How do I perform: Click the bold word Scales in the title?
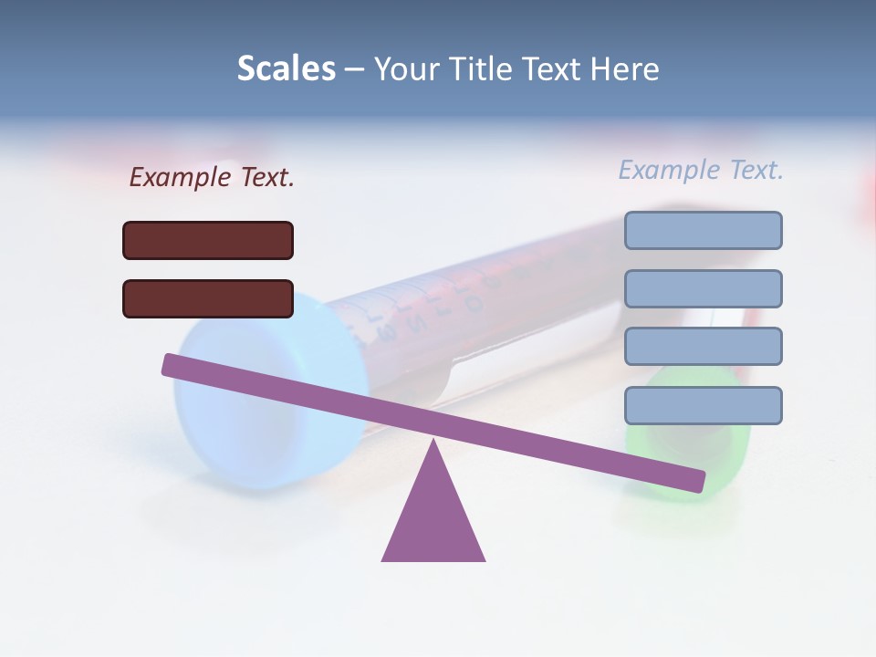(x=286, y=68)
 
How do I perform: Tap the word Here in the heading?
(x=624, y=68)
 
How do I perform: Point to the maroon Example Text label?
(x=212, y=177)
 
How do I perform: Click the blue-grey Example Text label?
(x=701, y=170)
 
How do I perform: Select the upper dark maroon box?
(x=208, y=240)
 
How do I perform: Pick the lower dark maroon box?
(x=208, y=298)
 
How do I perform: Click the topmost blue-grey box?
(x=703, y=230)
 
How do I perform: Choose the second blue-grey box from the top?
(x=703, y=288)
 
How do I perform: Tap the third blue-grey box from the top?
(x=703, y=346)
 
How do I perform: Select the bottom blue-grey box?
(x=703, y=405)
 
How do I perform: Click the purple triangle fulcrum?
(x=433, y=520)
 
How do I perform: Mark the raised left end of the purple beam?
(x=170, y=364)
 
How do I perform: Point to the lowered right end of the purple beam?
(x=697, y=481)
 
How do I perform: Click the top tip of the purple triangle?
(x=433, y=442)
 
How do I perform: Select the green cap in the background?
(x=693, y=456)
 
